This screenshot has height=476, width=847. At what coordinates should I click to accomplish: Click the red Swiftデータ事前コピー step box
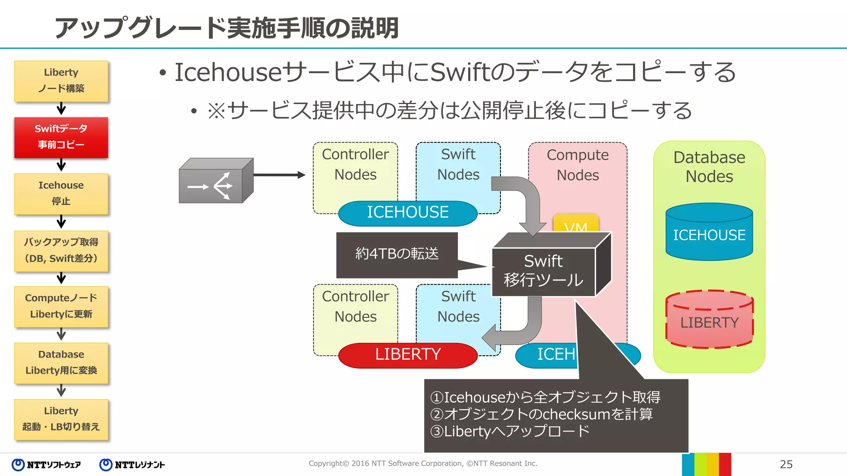point(61,137)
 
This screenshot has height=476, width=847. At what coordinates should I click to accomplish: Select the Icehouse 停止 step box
point(61,193)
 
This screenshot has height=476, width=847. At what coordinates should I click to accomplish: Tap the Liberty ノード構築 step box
point(61,81)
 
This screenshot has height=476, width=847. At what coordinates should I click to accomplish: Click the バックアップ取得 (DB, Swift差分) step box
point(61,250)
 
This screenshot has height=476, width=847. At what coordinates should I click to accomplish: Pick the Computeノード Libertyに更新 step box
point(61,306)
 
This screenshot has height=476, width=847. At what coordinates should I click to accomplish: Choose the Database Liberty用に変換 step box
point(61,362)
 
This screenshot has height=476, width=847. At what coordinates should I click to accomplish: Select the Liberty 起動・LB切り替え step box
point(61,419)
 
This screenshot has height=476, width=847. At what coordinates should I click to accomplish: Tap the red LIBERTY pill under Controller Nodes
point(408,355)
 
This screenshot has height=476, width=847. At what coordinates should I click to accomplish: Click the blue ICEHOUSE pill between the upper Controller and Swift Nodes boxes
point(408,213)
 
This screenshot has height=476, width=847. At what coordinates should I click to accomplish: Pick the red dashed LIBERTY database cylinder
point(709,320)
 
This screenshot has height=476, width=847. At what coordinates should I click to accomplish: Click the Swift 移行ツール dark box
point(543,271)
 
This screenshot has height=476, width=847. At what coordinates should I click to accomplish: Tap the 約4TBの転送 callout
point(397,254)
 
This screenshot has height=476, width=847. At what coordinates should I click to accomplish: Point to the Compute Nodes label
point(577,165)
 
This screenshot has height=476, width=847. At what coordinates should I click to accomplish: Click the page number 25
point(786,464)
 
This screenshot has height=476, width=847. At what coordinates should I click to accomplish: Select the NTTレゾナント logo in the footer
point(132,465)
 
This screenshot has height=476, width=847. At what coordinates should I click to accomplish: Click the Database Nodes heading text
point(709,167)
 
